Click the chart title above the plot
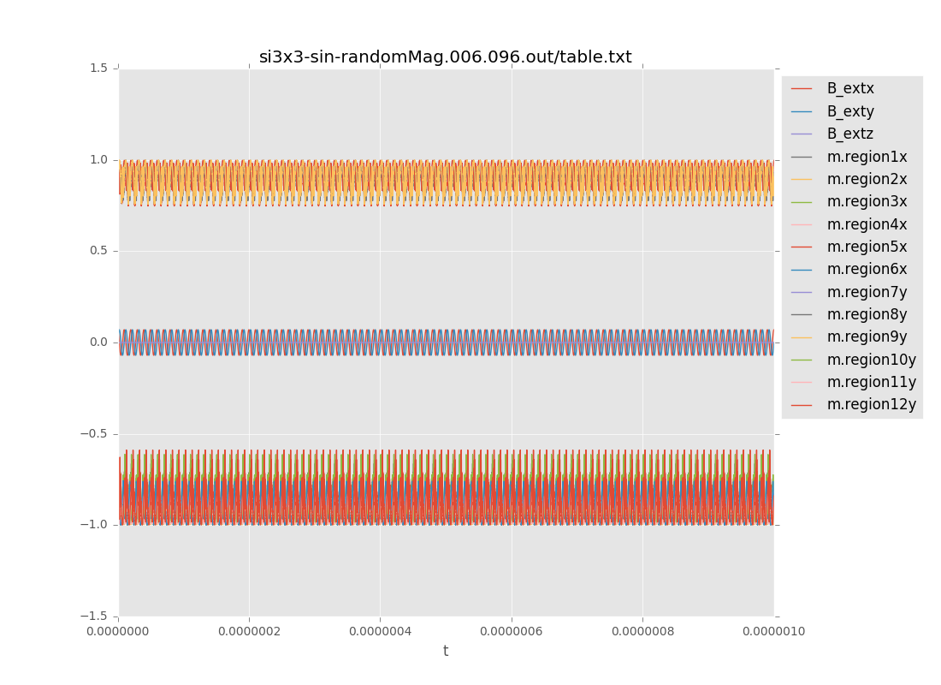click(x=445, y=57)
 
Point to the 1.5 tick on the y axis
click(x=99, y=68)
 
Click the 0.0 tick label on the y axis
click(x=99, y=342)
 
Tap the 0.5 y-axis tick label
click(x=99, y=251)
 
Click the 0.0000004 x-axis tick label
click(x=380, y=632)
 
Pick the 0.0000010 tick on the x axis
click(x=773, y=632)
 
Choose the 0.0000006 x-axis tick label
click(x=512, y=632)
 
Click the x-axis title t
click(x=446, y=652)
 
